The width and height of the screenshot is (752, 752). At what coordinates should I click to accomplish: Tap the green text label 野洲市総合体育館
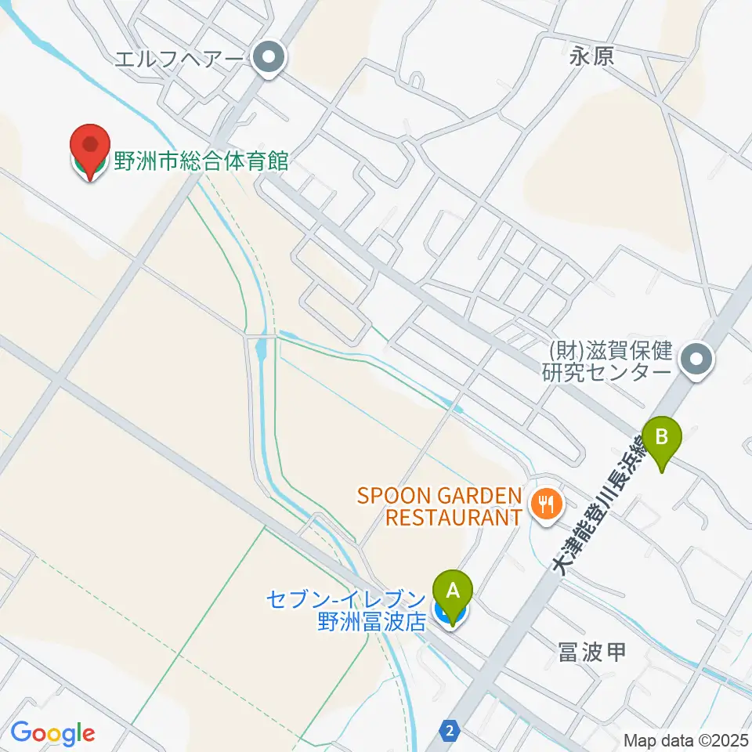[201, 162]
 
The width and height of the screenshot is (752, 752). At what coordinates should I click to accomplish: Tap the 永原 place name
[591, 56]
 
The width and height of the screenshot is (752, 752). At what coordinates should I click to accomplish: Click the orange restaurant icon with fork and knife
[545, 503]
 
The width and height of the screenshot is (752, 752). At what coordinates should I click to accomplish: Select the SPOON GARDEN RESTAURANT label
[439, 506]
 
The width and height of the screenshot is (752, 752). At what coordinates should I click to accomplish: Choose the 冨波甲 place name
[591, 652]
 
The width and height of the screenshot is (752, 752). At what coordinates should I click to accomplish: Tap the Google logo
[52, 733]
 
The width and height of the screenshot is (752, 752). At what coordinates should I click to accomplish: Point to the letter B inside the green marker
[663, 433]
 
